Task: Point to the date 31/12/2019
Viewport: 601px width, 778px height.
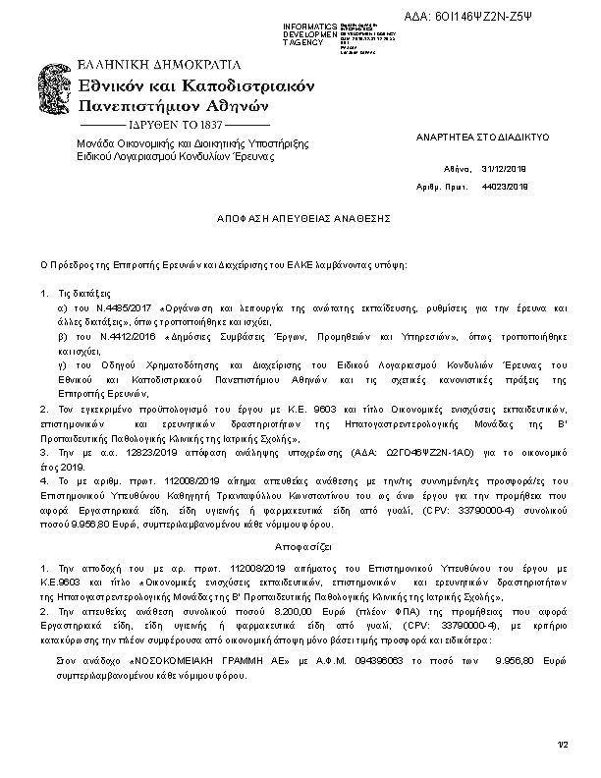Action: tap(505, 169)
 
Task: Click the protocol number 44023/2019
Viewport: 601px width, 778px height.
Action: tap(505, 186)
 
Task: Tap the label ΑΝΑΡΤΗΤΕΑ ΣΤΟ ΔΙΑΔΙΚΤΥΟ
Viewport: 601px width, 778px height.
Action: tap(469, 139)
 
